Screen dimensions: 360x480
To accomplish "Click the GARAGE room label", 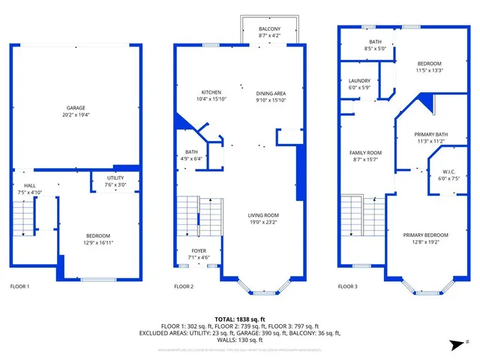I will pos(76,107).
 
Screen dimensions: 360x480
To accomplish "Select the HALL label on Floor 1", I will pos(29,186).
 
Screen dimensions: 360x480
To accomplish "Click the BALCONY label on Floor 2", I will pos(269,28).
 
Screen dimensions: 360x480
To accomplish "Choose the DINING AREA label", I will pos(270,92).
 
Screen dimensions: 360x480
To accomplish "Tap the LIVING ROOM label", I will pos(263,215).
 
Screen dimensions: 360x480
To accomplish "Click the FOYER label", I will pos(198,251).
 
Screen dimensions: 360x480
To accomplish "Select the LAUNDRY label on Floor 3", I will pos(360,81).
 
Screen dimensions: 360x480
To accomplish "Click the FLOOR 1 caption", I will pos(19,286).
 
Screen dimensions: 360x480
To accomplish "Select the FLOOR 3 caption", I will pos(347,286).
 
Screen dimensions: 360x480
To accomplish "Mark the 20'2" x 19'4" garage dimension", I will pos(76,114).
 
